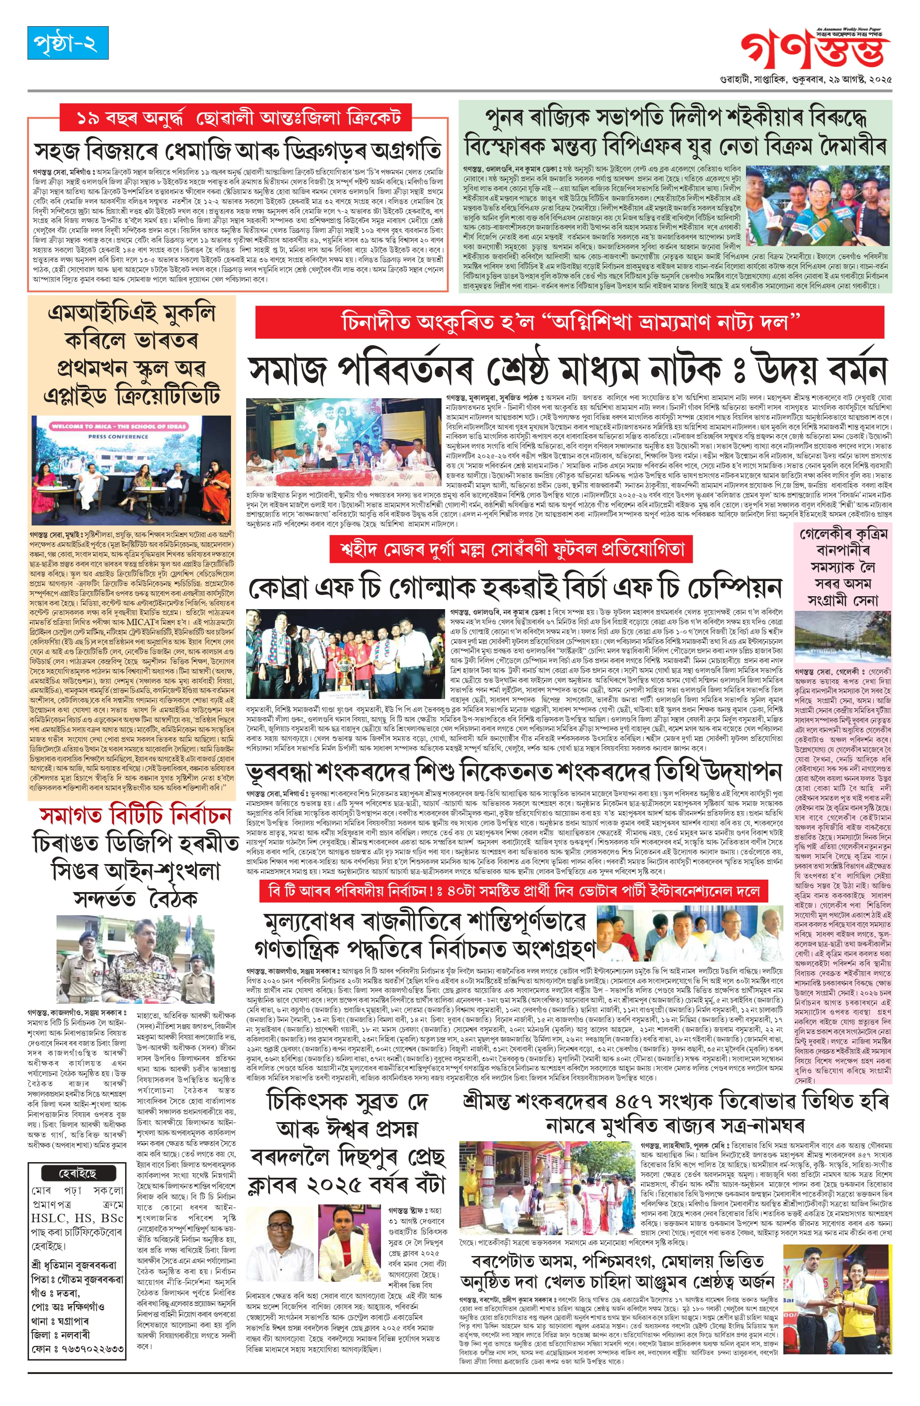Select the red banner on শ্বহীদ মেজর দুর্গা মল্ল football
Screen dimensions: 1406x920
pos(511,549)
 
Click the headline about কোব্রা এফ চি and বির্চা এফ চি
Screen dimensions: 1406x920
pos(514,587)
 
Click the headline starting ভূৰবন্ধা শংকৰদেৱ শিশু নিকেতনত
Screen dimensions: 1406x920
pos(514,772)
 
